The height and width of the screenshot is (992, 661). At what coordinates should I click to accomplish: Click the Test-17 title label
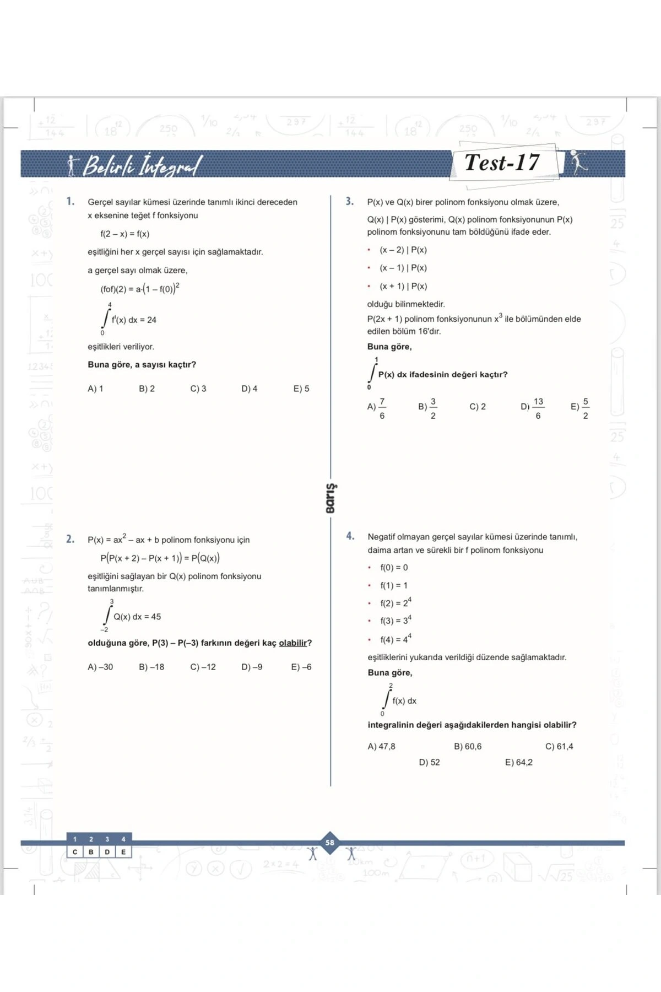click(x=502, y=163)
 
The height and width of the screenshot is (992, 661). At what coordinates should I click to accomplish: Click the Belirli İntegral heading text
click(x=142, y=165)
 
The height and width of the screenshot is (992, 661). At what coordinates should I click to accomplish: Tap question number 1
click(x=71, y=202)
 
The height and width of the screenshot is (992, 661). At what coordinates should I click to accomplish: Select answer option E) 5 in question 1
click(x=301, y=389)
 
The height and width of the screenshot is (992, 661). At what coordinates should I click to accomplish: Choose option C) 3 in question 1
click(x=198, y=389)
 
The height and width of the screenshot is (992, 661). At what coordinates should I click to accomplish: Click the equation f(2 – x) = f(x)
click(x=125, y=234)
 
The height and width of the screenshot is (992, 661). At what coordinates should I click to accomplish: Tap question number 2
click(x=71, y=539)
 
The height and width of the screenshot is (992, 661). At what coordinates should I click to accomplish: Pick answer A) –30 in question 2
click(x=100, y=667)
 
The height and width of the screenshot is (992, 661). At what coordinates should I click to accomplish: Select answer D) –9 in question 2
click(x=252, y=667)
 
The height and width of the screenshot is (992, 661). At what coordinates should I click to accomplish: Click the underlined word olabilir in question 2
click(x=292, y=643)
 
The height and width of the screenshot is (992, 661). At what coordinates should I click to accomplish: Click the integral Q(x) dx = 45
click(x=132, y=617)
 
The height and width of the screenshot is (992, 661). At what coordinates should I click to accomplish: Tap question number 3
click(x=350, y=202)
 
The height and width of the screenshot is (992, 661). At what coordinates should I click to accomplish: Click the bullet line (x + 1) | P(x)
click(x=403, y=287)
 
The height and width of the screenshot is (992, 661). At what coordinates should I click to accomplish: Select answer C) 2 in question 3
click(x=478, y=407)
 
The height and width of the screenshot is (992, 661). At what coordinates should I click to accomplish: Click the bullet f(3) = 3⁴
click(x=395, y=621)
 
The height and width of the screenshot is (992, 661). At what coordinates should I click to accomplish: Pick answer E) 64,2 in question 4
click(x=519, y=763)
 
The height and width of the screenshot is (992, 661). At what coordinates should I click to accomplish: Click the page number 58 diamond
click(x=330, y=843)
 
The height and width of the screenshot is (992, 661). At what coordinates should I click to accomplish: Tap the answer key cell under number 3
click(x=107, y=852)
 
